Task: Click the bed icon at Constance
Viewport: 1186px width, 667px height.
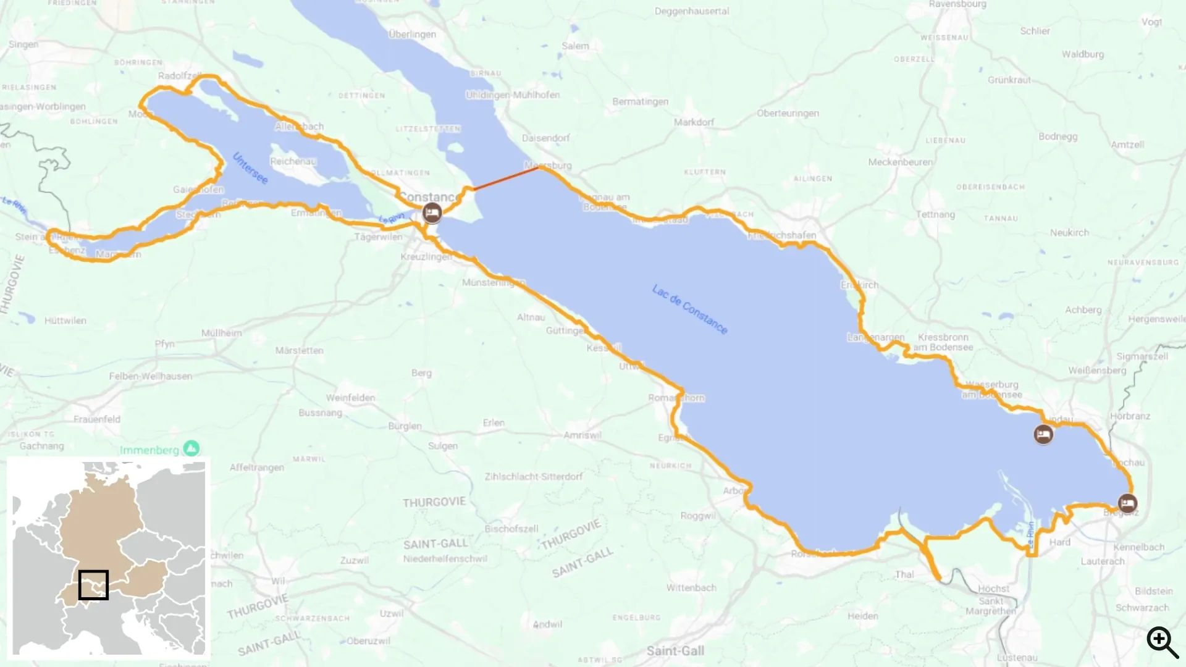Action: [432, 213]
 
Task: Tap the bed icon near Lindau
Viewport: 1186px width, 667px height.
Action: [1043, 435]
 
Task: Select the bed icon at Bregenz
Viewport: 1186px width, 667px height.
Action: [1127, 503]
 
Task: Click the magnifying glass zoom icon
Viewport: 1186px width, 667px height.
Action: [1161, 642]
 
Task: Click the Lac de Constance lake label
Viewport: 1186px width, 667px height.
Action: [690, 309]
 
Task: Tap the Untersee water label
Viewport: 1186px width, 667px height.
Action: [250, 168]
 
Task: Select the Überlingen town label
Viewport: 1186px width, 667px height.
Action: [412, 34]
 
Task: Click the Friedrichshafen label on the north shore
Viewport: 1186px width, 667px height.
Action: [782, 235]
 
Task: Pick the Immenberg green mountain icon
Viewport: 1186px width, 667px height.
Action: [191, 448]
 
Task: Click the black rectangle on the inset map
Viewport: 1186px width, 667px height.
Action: [93, 584]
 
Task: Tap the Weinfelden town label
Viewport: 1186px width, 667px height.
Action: [350, 398]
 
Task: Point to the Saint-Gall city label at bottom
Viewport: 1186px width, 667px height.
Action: [675, 650]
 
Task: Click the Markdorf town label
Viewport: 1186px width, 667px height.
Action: [694, 122]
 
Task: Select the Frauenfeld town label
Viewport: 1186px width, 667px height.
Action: [97, 419]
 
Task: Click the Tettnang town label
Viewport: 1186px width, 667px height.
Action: [935, 214]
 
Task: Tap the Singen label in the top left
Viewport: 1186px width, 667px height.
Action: [23, 44]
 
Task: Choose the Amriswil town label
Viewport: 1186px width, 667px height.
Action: [582, 435]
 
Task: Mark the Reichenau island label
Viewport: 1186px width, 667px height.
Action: [293, 161]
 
